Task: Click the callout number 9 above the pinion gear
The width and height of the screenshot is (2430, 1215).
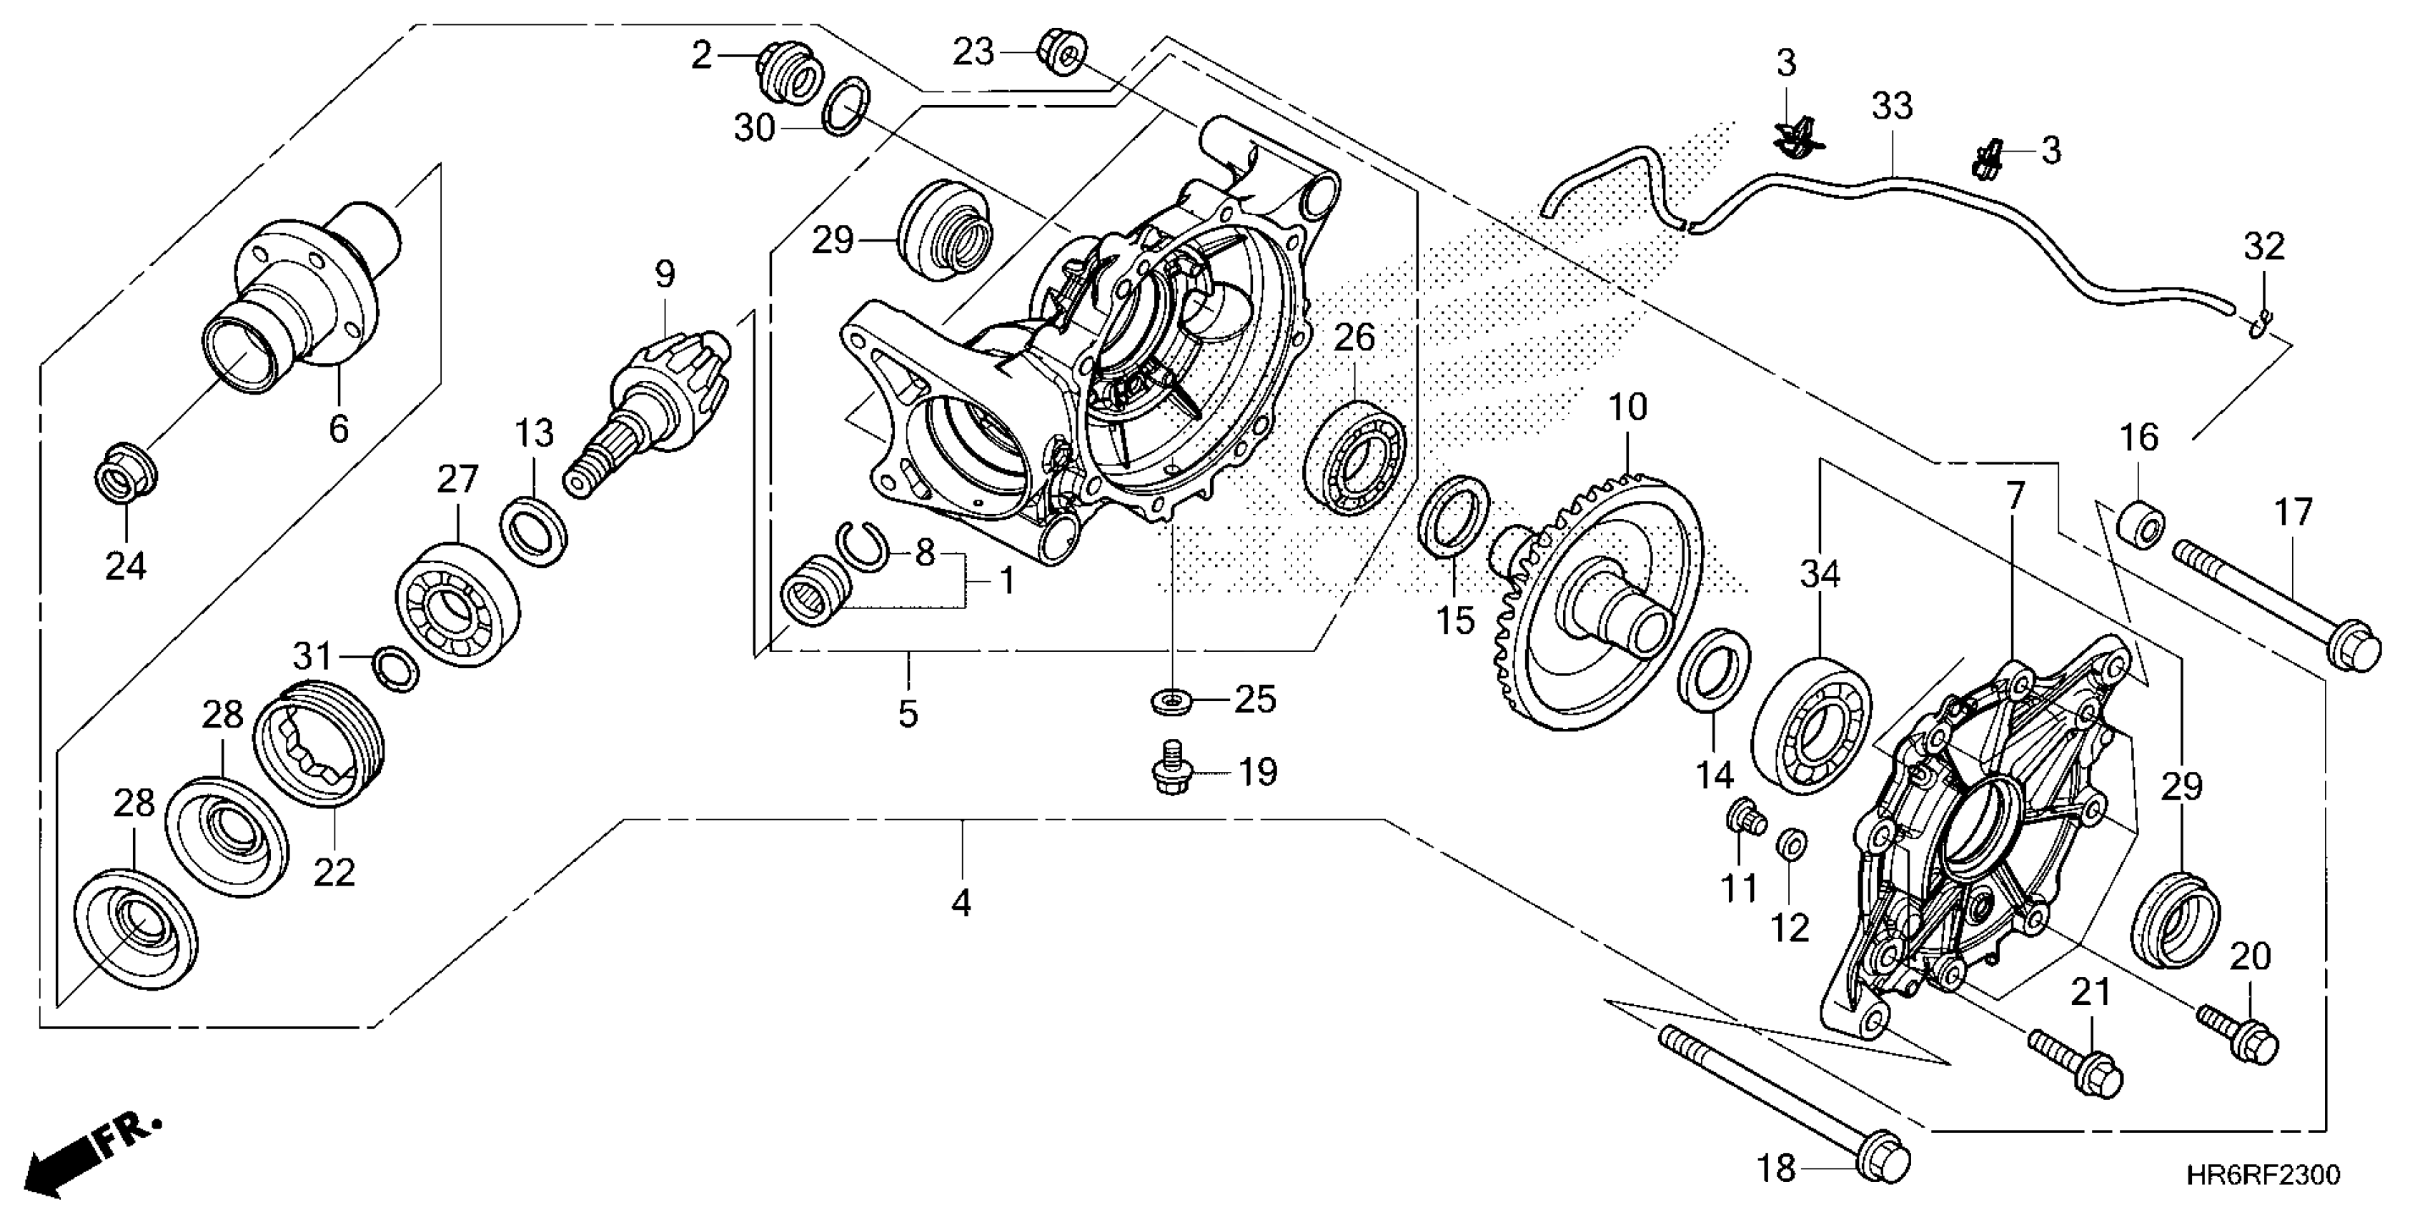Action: (x=665, y=274)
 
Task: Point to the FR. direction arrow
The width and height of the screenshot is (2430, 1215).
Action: (x=89, y=1156)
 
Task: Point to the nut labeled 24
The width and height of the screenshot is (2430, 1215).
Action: (x=127, y=468)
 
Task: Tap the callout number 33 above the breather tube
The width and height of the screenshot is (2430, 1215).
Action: (x=1891, y=106)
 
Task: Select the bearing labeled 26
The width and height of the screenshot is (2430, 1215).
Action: (x=1354, y=457)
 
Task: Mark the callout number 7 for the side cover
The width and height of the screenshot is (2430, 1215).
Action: (x=2014, y=495)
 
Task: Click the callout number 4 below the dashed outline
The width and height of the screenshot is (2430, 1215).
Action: (x=961, y=903)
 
